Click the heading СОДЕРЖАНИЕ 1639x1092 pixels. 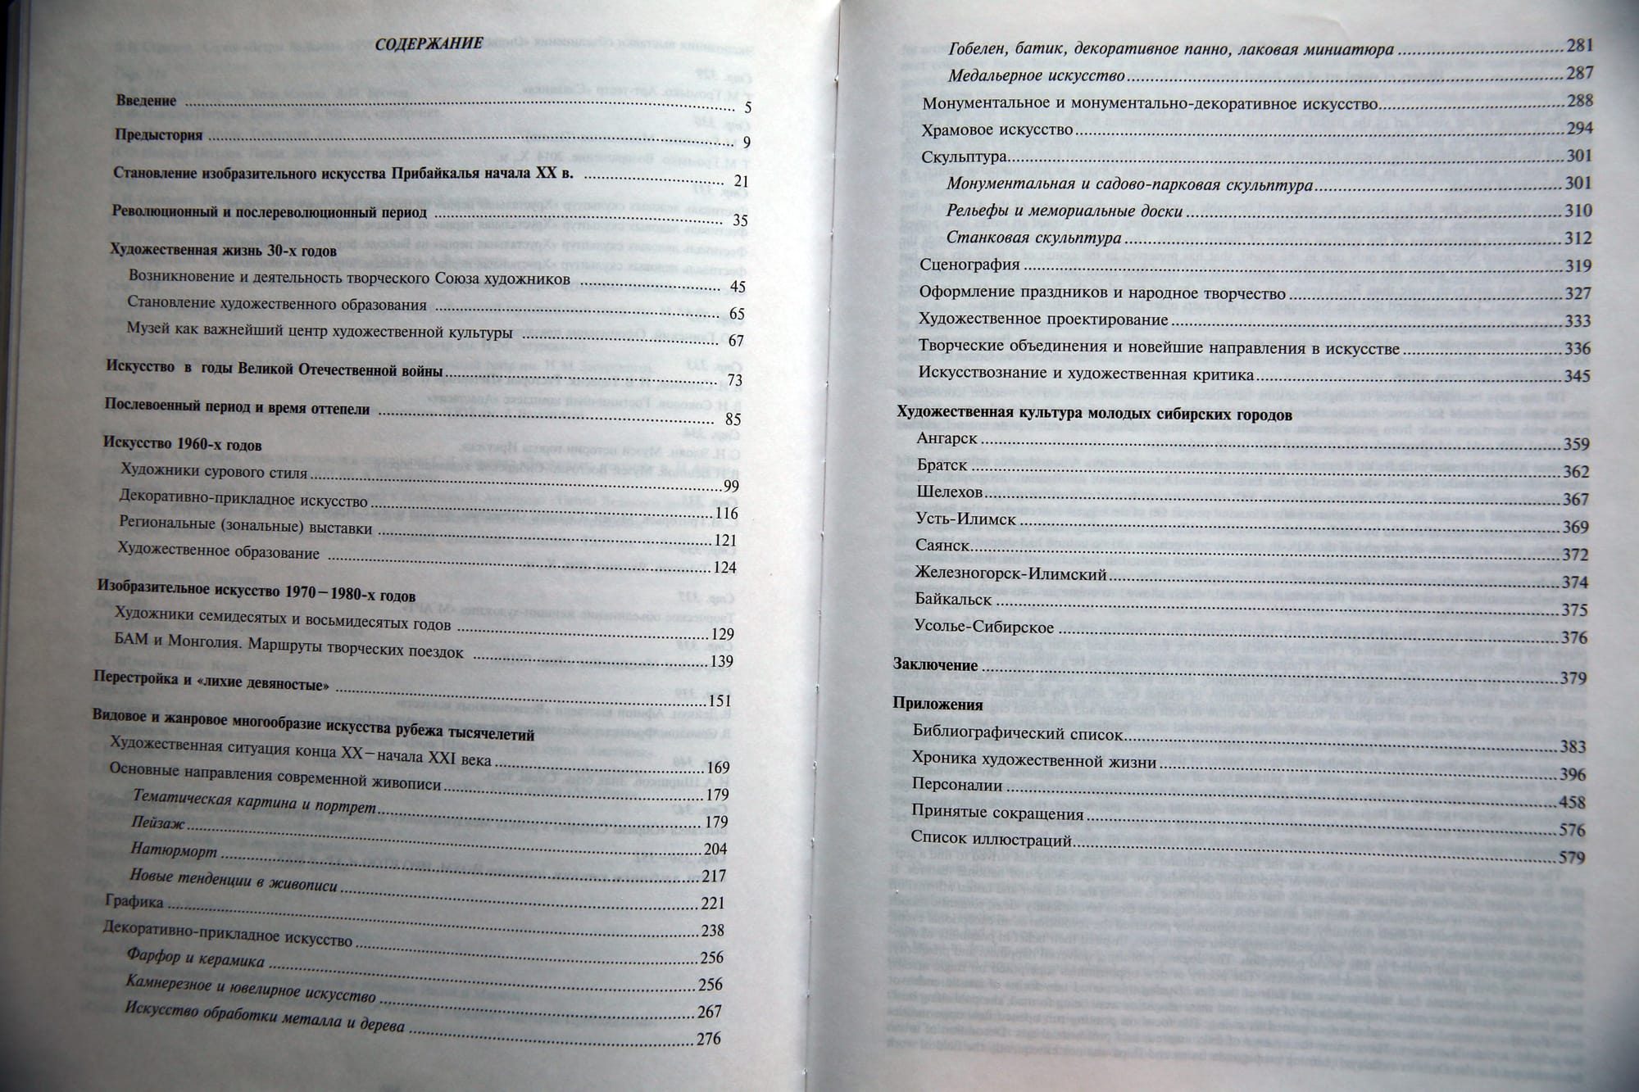coord(429,43)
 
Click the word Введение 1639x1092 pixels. coord(146,101)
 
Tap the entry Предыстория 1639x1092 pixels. coord(158,135)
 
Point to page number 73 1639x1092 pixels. coord(734,380)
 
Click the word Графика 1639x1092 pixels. coord(134,901)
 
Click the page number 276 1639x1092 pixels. coord(708,1039)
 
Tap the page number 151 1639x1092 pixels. coord(719,700)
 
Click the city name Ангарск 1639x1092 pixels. coord(947,438)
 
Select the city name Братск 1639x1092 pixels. coord(942,464)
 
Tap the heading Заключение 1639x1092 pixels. coord(935,665)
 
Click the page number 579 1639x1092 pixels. coord(1572,858)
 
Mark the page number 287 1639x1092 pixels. coord(1579,73)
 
